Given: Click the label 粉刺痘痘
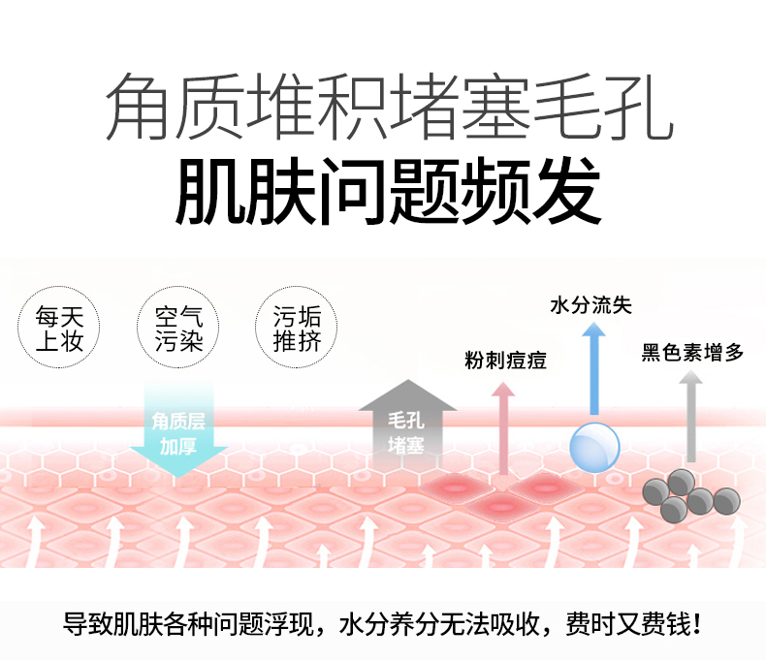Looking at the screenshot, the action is tap(504, 361).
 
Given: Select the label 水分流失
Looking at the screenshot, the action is tap(590, 306).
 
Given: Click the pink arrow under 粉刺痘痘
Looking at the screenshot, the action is tap(502, 426).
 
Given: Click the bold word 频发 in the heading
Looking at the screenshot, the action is tap(537, 190).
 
